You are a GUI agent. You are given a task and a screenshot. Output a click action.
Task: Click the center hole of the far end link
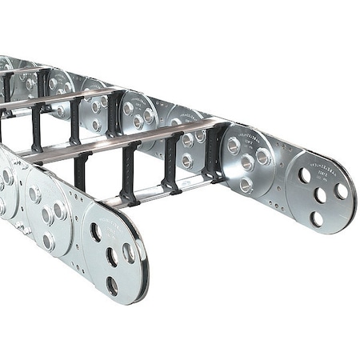tap(321, 194)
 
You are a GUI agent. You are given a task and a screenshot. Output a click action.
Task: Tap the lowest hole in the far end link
tap(317, 217)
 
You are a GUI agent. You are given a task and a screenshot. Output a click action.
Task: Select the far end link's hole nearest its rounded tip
tap(342, 191)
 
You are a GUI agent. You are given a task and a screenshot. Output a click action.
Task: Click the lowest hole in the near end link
tap(112, 283)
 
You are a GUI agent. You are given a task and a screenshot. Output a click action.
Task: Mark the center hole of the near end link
tap(111, 256)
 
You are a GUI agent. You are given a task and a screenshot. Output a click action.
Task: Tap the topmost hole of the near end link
tap(95, 233)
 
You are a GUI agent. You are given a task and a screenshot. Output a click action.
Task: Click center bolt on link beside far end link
tap(247, 162)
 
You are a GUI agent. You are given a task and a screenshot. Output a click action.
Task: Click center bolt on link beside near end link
tap(48, 216)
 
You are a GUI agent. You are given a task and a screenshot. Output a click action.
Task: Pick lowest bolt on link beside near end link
tap(49, 239)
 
